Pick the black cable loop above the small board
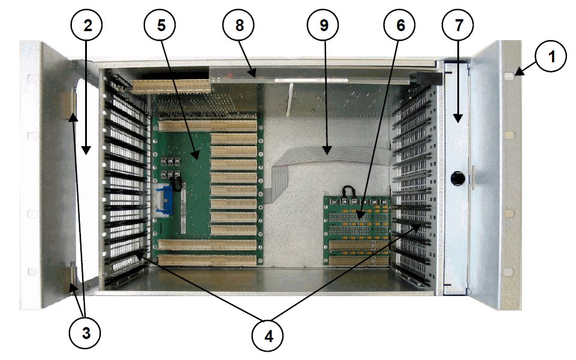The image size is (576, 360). [348, 191]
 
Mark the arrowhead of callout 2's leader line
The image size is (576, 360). [86, 152]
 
